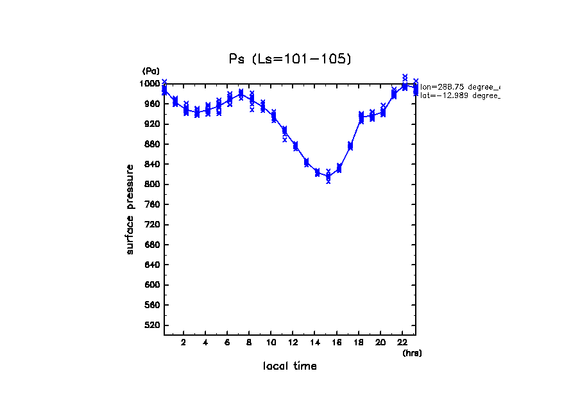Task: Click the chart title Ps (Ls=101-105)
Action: click(290, 59)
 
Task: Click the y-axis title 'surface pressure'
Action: click(130, 209)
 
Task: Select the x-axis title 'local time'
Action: click(290, 366)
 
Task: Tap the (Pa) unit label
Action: click(151, 71)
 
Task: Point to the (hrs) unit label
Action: click(412, 352)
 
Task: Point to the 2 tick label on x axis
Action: click(183, 342)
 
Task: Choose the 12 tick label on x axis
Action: click(293, 342)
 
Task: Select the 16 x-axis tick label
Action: click(337, 342)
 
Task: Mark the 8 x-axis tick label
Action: click(250, 342)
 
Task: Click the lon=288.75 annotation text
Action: click(459, 86)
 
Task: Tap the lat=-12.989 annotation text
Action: click(459, 95)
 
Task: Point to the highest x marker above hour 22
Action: click(405, 76)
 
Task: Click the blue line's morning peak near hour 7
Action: click(241, 94)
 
